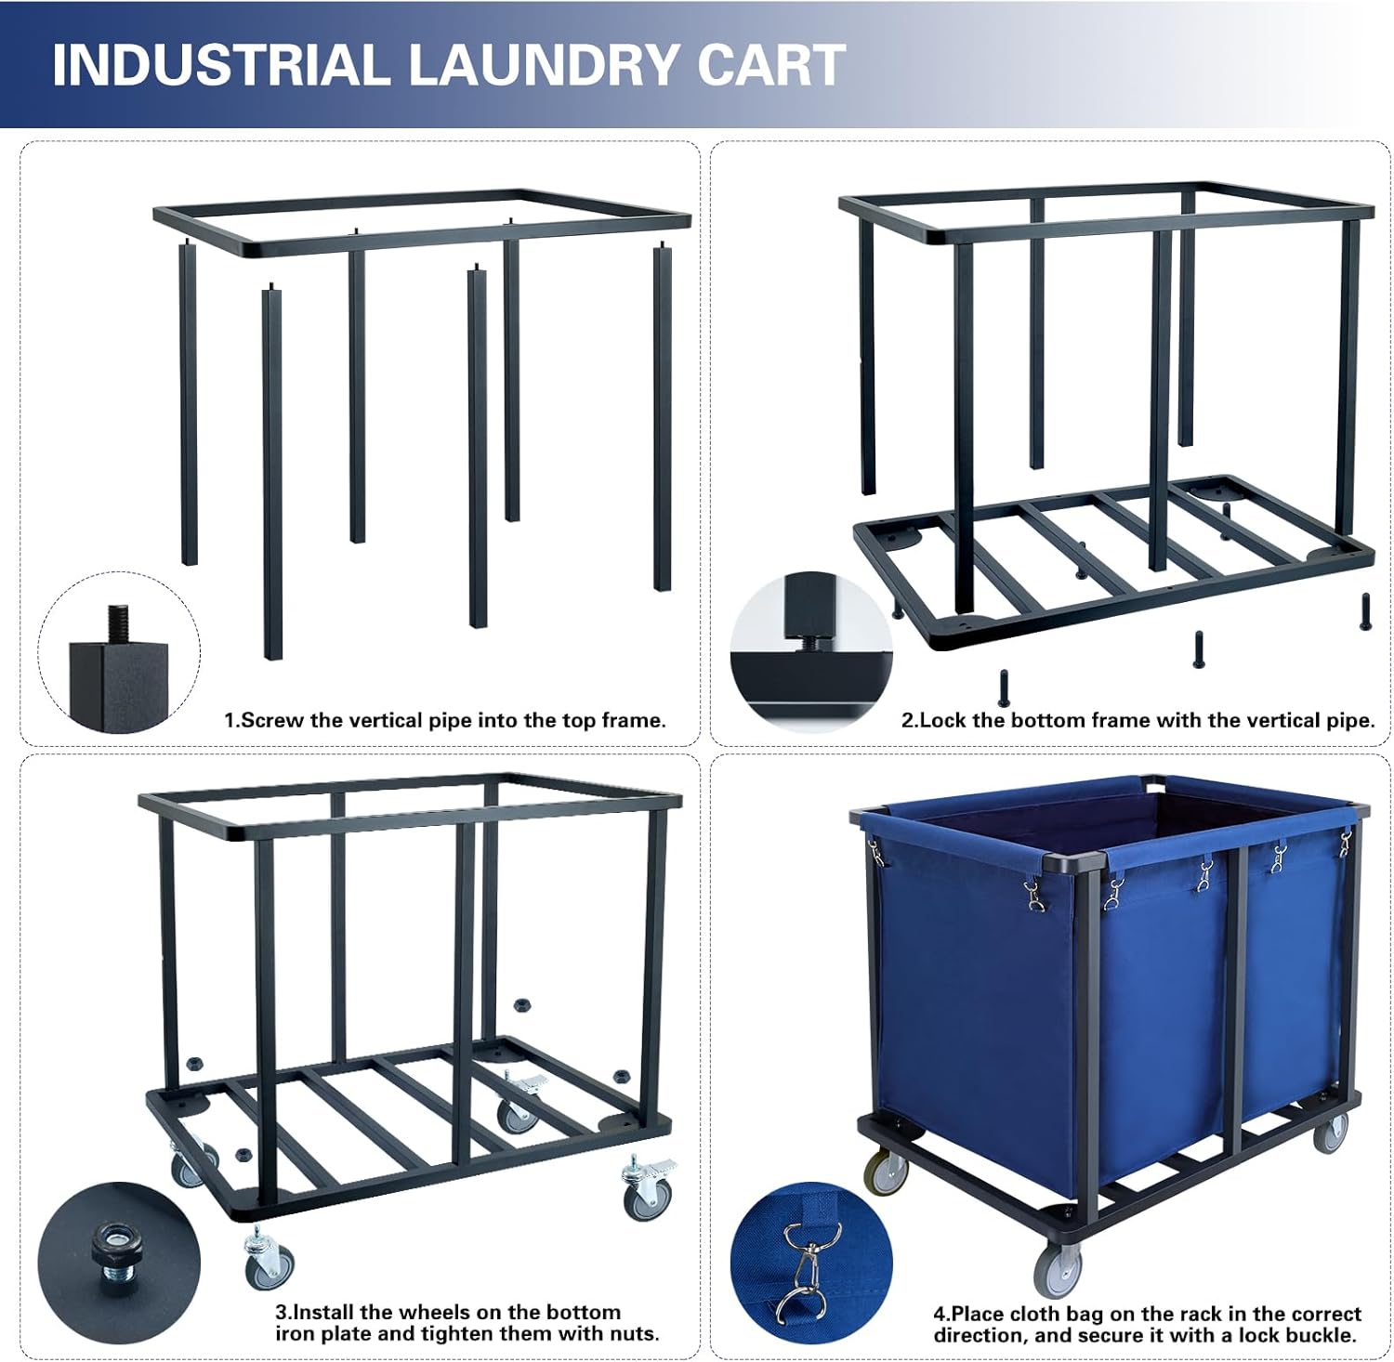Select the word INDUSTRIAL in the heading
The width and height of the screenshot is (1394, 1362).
click(219, 64)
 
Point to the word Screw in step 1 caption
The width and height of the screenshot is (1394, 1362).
click(272, 720)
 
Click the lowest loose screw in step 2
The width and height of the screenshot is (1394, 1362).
click(1005, 685)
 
